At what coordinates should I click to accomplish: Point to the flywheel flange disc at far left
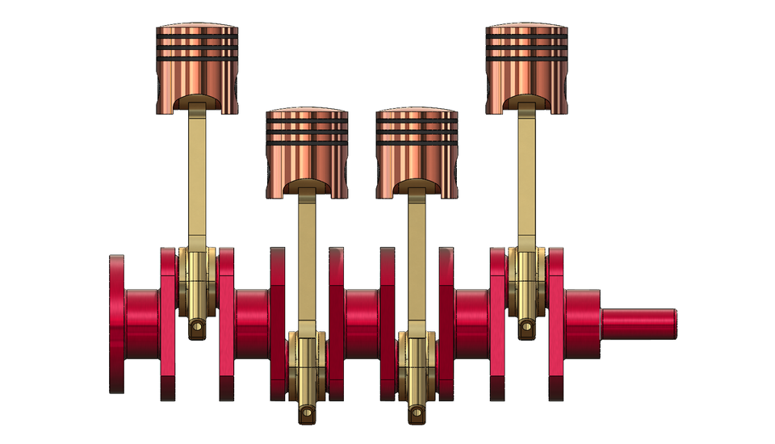[x=117, y=323]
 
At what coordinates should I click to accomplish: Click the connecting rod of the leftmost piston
[x=198, y=178]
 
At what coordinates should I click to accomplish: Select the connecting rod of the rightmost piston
[x=526, y=178]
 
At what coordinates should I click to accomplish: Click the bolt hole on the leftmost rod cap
[x=195, y=327]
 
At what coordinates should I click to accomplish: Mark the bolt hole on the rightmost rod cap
[x=526, y=326]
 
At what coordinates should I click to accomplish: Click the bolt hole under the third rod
[x=417, y=415]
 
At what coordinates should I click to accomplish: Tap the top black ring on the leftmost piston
[x=198, y=36]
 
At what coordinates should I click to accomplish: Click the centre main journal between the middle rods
[x=362, y=323]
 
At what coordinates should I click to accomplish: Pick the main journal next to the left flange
[x=143, y=323]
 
